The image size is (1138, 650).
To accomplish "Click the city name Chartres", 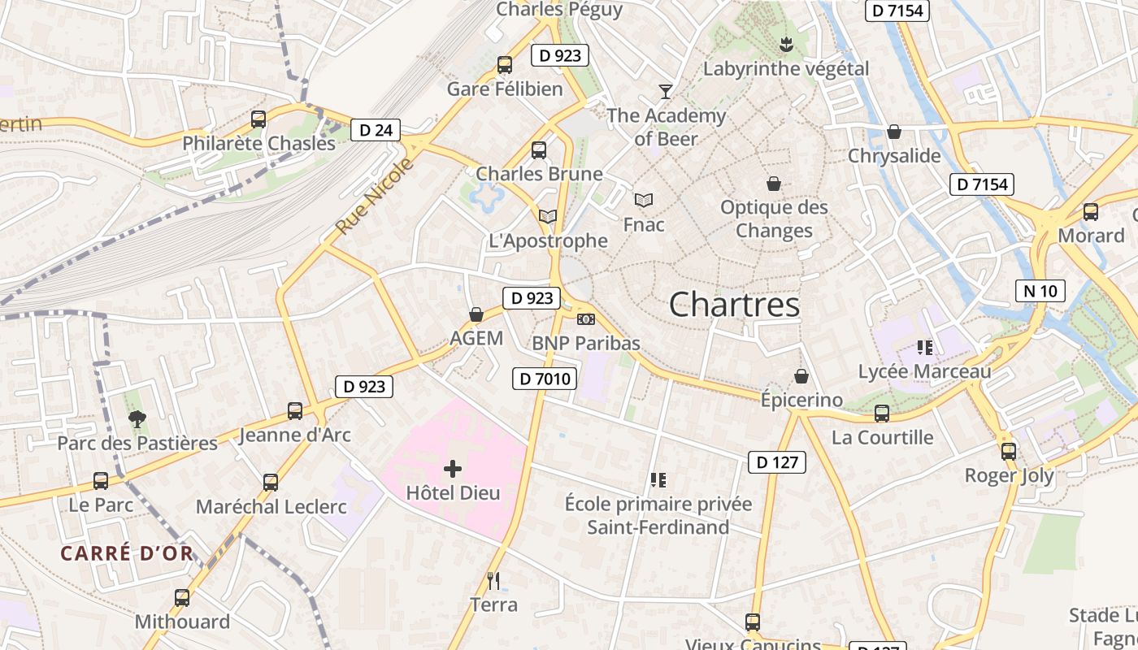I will coord(734,305).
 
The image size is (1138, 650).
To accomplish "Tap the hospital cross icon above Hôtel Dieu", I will coord(453,468).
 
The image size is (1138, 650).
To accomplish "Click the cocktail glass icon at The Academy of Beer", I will coord(666,91).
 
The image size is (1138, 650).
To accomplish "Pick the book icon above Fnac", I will coord(644,200).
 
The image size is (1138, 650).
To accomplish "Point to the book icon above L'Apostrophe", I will coord(548,216).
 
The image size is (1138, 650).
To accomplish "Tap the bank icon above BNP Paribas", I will coord(585,318).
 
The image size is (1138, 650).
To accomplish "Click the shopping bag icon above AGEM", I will coord(476,314).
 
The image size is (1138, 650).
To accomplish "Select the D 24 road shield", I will coord(376,129).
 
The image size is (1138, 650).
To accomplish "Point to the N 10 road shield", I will coord(1040,290).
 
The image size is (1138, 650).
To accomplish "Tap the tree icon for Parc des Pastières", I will coord(137,418).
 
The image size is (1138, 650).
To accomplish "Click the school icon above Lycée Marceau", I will coord(924,347).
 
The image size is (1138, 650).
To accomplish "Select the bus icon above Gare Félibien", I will coord(505,64).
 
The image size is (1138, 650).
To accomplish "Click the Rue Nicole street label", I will coord(375,197).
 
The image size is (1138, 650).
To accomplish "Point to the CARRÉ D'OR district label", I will coord(127,554).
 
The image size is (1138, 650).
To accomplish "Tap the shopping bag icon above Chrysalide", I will coord(894,131).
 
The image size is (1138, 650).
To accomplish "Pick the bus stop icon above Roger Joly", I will coord(1009,451).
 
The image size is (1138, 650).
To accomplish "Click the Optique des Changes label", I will coord(774,219).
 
